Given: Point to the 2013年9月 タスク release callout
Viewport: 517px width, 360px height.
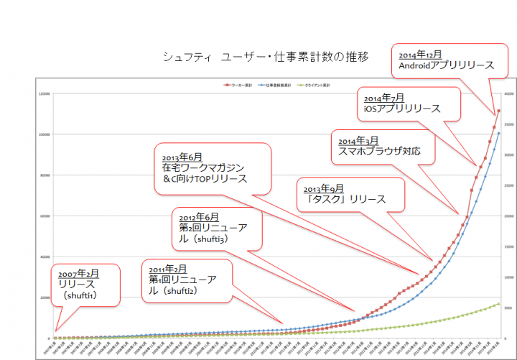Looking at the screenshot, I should coord(350,193).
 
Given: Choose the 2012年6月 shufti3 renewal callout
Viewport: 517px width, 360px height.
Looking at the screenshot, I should coord(218,227).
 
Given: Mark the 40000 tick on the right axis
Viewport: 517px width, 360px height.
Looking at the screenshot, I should coord(507,93).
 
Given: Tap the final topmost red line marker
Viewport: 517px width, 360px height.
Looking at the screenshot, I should coord(498,111).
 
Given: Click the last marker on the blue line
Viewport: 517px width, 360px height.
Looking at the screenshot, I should coord(498,133).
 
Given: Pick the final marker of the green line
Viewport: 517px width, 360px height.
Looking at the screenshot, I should coord(498,304).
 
